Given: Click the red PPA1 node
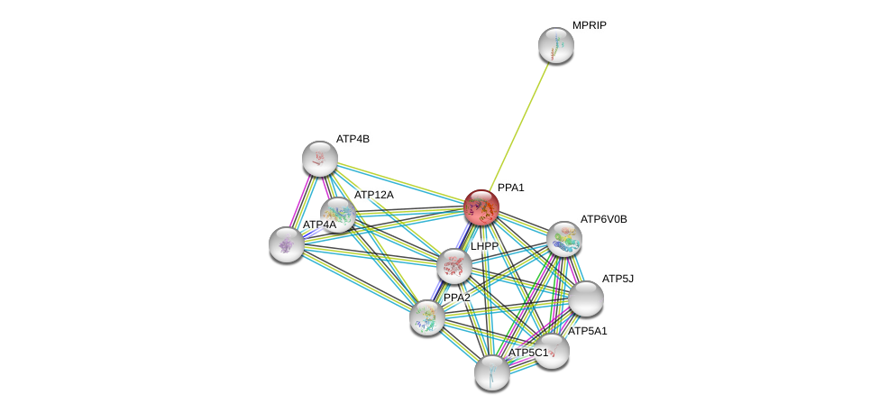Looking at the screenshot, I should tap(481, 207).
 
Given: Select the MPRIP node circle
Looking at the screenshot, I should tap(555, 45).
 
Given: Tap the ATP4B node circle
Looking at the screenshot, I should tap(319, 159).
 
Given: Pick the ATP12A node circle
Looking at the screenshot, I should tap(338, 215).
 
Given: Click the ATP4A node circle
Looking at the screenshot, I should tap(287, 243).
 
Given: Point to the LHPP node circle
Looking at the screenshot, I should tap(453, 266).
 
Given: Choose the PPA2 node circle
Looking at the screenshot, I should tap(426, 317).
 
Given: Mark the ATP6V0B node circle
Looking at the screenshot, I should tap(563, 239).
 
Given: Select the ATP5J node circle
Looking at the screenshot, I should tap(585, 298).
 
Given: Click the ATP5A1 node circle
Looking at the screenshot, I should tap(552, 351).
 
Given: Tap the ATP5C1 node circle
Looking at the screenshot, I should tap(492, 372).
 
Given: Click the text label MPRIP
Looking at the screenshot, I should tap(589, 25).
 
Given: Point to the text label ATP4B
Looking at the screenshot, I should tap(353, 139).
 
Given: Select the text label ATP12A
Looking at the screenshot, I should tap(373, 195).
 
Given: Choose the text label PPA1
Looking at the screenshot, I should tap(511, 188).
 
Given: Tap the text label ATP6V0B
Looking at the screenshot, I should tap(603, 219).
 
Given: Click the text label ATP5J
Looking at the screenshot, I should tap(618, 279).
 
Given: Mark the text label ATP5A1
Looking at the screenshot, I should tap(588, 331).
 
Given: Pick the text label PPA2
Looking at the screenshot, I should tap(456, 298).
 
